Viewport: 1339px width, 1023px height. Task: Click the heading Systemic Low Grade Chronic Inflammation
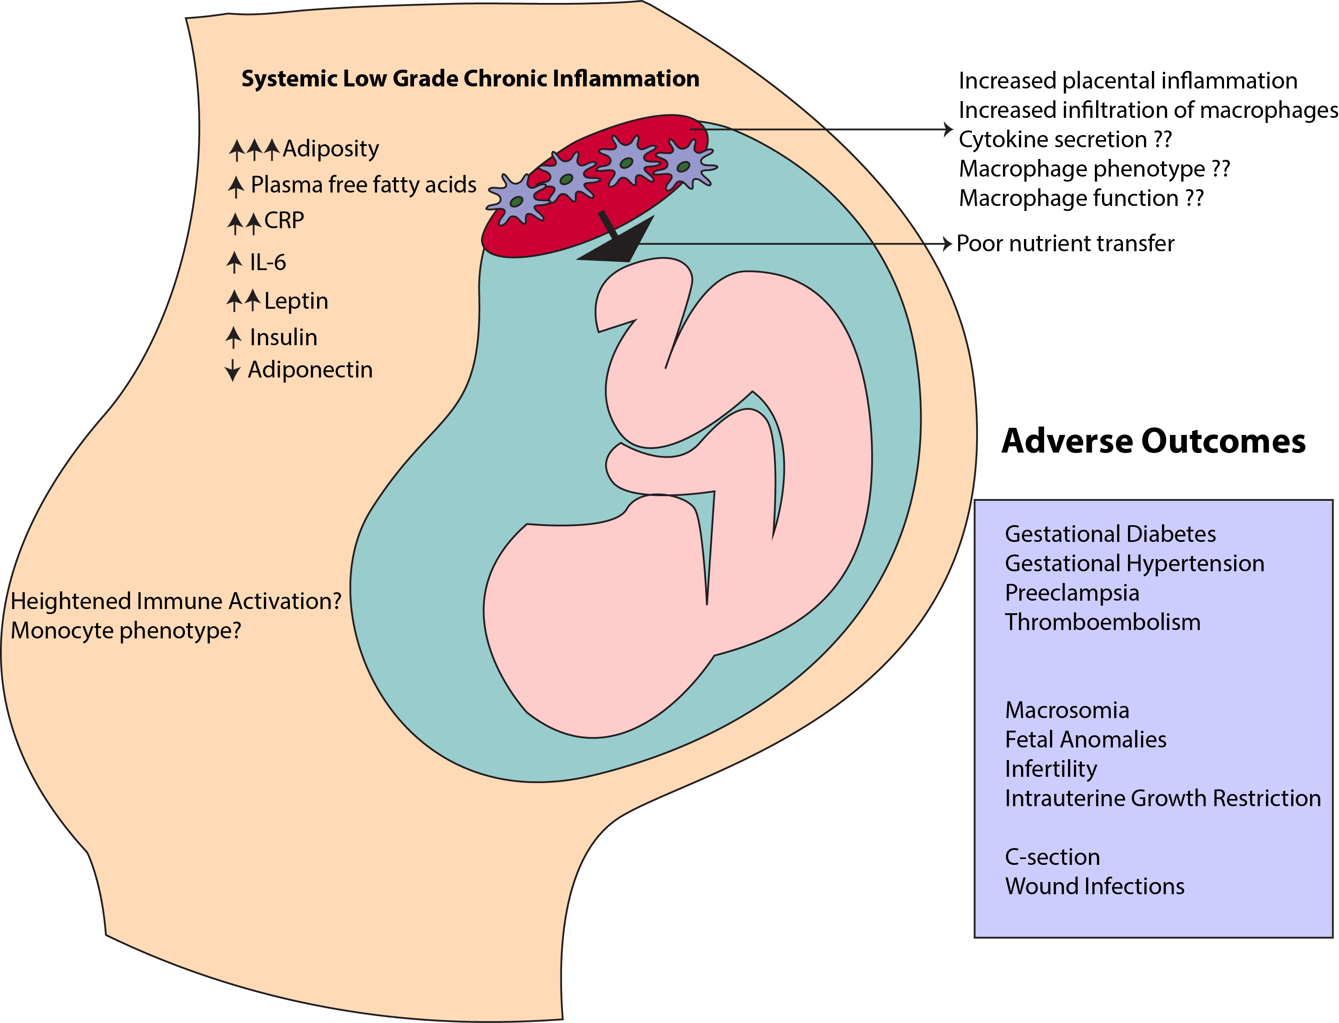click(470, 78)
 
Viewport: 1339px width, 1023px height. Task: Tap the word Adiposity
click(331, 148)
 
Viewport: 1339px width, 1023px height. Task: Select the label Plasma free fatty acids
click(364, 185)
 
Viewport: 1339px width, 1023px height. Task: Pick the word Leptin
click(296, 301)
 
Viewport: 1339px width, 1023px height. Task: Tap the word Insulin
click(283, 337)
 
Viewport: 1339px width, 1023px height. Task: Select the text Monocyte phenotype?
click(126, 631)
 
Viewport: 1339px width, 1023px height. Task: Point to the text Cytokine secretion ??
click(1065, 139)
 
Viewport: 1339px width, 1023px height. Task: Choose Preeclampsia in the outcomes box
click(1072, 593)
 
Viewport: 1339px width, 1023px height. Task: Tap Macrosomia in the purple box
click(1067, 710)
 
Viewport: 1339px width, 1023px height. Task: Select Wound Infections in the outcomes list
click(1094, 886)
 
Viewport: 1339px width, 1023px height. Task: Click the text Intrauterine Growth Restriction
click(1162, 798)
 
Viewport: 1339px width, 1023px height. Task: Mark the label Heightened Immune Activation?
click(176, 601)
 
